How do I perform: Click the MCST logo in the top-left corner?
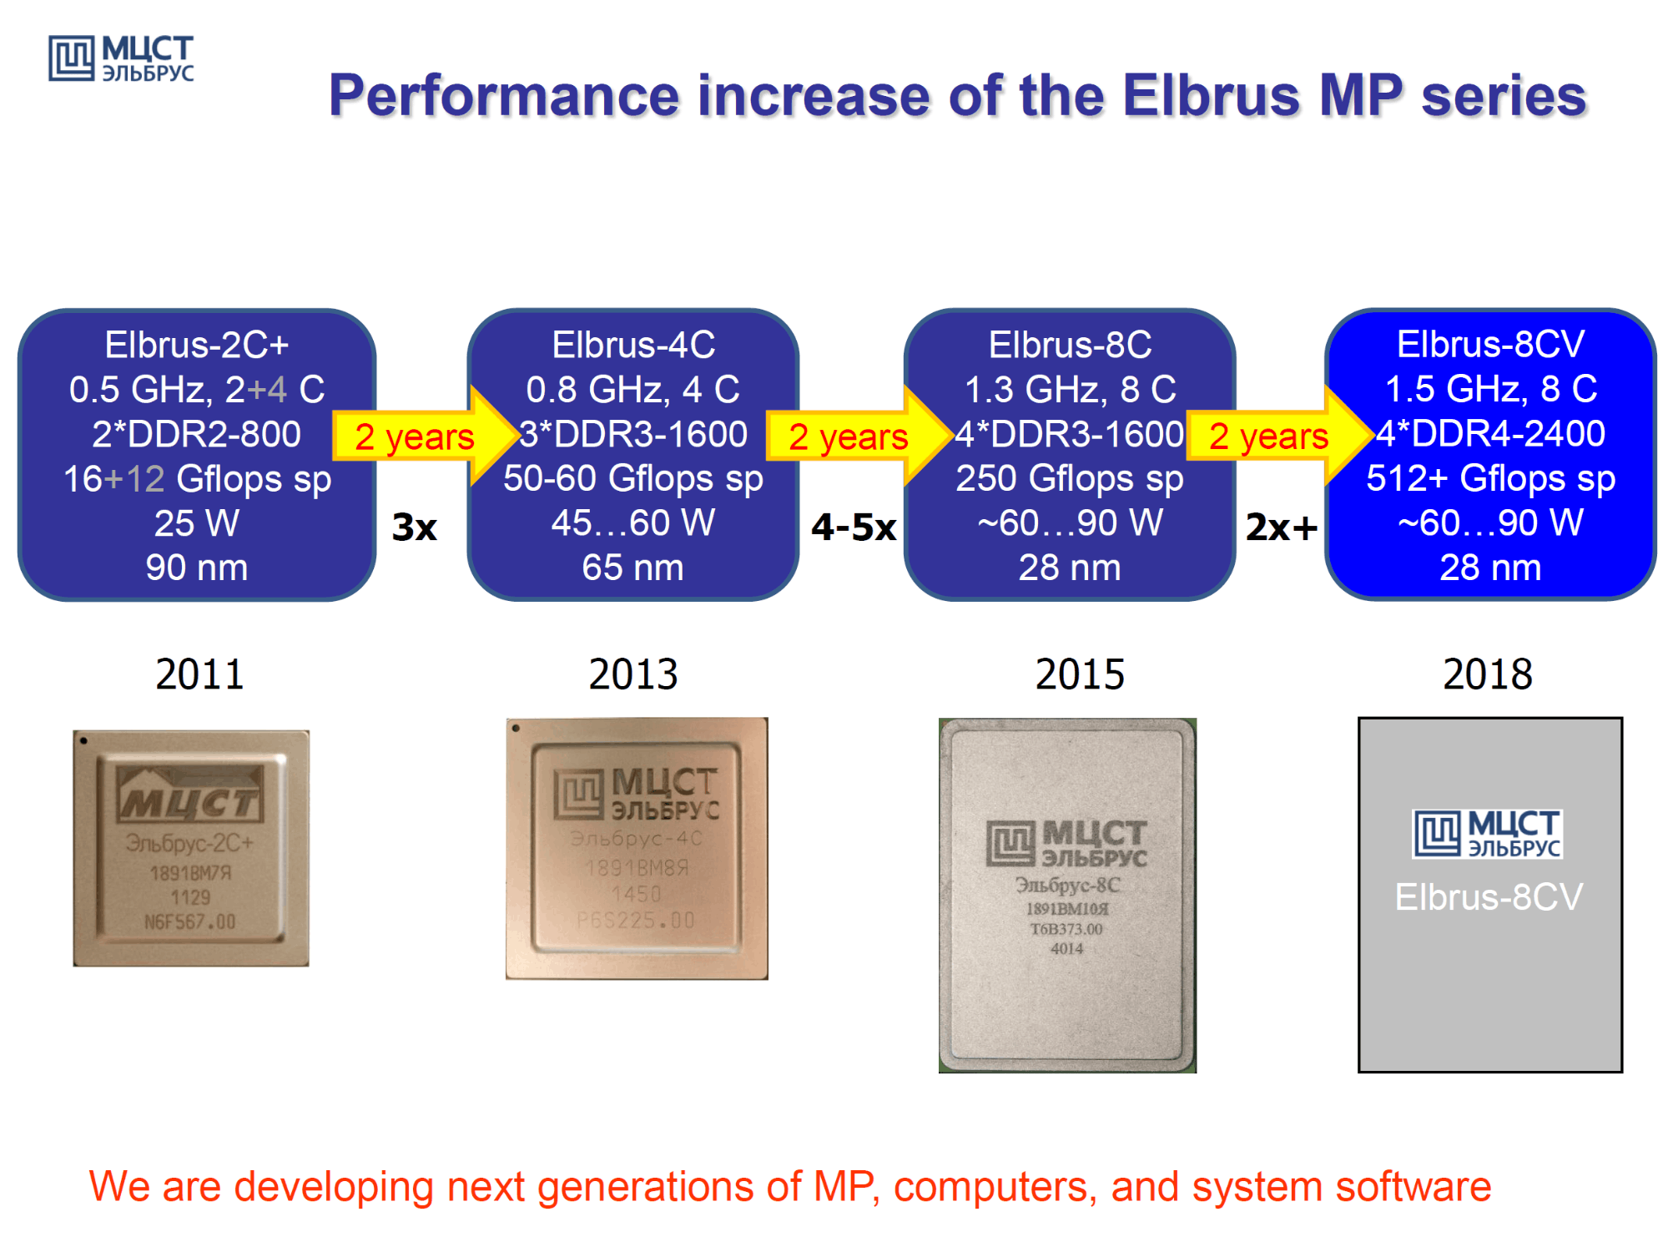(121, 58)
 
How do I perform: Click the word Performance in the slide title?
(503, 95)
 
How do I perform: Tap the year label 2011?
(199, 674)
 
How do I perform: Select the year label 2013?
(633, 674)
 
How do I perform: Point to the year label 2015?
(1080, 674)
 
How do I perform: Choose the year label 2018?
(1488, 674)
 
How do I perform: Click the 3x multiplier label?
(415, 528)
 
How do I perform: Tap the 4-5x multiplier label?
(854, 528)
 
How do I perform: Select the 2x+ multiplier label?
(1282, 528)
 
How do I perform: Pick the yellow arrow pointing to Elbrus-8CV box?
(1277, 436)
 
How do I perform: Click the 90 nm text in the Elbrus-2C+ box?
(197, 568)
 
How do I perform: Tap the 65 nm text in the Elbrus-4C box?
(632, 568)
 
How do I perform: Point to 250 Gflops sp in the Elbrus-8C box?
(1070, 478)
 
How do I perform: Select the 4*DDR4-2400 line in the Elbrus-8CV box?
(1490, 433)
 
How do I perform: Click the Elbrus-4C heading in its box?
(633, 345)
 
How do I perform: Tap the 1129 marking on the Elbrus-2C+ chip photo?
(190, 897)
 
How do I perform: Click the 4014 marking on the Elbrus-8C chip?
(1066, 948)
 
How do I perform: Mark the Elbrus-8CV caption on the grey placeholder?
(1489, 897)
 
